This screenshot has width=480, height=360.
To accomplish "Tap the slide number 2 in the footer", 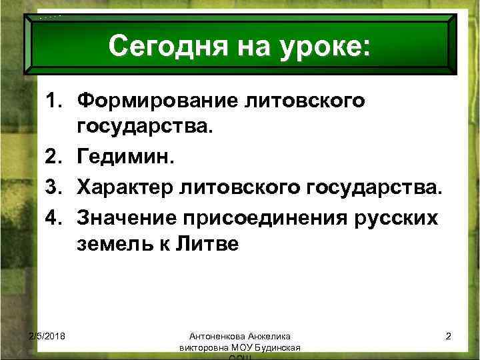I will (449, 336).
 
